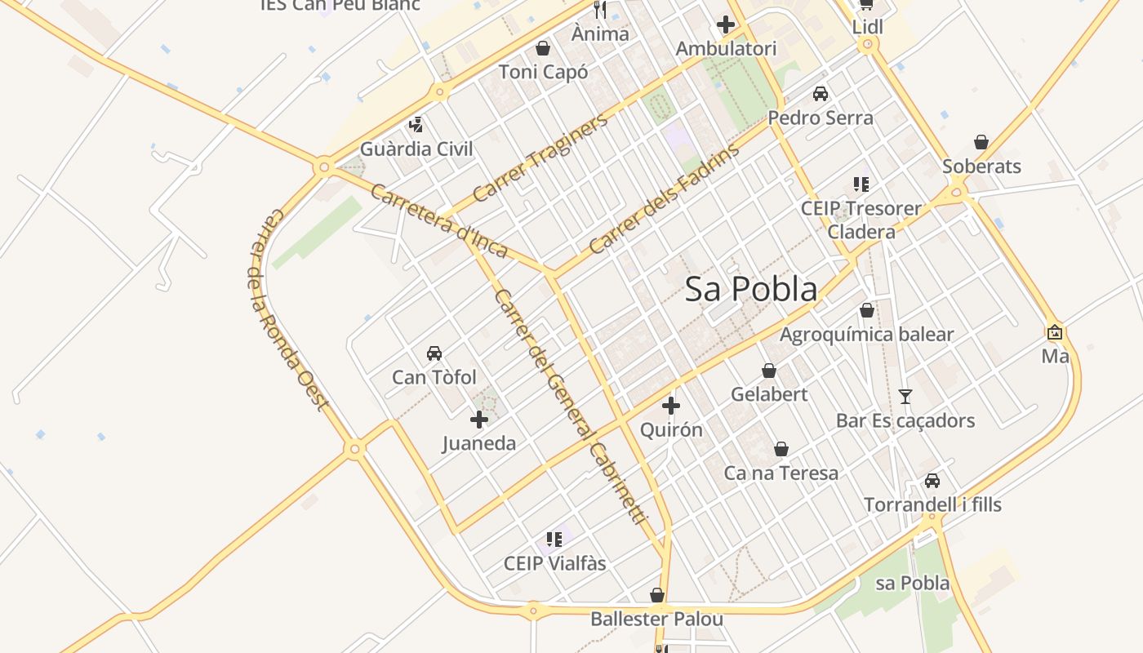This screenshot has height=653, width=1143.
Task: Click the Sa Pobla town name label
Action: [750, 289]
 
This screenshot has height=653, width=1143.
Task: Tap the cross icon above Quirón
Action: [671, 405]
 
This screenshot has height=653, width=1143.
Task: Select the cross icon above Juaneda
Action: [479, 420]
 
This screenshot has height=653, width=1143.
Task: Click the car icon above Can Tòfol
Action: [434, 353]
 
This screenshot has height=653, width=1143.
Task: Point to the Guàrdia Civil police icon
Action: [416, 125]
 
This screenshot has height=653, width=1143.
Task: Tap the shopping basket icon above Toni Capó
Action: [542, 48]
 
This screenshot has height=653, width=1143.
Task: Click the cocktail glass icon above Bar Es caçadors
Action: [905, 397]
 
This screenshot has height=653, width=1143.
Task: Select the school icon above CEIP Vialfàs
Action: [555, 539]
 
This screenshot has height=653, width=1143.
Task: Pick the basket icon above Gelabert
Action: [769, 371]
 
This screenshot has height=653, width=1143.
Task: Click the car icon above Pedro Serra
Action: [821, 94]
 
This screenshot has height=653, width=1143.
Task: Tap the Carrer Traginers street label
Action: [540, 158]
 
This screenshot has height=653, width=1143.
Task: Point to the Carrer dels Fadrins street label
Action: [664, 198]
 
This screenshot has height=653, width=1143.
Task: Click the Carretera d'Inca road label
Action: [439, 220]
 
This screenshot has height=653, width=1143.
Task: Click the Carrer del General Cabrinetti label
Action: [570, 406]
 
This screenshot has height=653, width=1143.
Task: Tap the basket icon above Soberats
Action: [981, 142]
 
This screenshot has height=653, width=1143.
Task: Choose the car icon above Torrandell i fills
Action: [932, 481]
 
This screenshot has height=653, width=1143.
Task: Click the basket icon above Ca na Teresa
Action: [781, 449]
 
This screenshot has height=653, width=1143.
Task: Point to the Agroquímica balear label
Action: [866, 335]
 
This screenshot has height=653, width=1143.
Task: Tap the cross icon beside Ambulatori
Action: [725, 24]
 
